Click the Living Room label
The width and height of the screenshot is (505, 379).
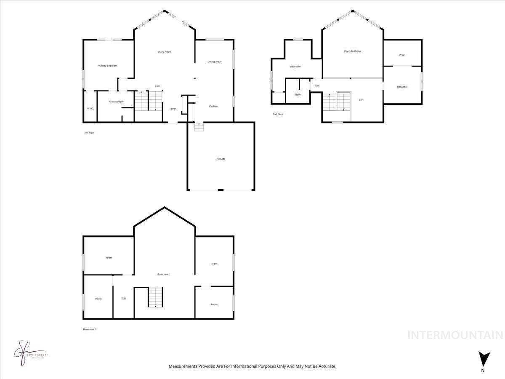click(165, 52)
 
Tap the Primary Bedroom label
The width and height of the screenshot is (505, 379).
click(107, 66)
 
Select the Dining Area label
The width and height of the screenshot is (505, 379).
click(214, 62)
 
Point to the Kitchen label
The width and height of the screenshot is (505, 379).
click(213, 107)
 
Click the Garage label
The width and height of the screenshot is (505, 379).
click(221, 159)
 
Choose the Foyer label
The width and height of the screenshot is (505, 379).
click(173, 109)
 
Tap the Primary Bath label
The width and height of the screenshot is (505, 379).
click(116, 101)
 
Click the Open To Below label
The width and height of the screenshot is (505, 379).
click(353, 51)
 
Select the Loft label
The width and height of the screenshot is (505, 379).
click(361, 100)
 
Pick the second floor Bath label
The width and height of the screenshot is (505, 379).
click(298, 94)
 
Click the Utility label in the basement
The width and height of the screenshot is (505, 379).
click(98, 299)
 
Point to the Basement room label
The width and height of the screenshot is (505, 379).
click(163, 274)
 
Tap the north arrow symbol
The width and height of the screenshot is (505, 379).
click(484, 359)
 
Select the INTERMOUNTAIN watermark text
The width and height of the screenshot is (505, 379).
click(455, 335)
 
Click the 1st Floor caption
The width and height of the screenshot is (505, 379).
click(90, 133)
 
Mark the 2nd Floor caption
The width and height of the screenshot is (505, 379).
click(278, 114)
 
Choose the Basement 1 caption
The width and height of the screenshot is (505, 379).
click(90, 329)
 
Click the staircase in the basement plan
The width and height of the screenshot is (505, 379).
click(155, 297)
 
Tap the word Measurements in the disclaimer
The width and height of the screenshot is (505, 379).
click(183, 366)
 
